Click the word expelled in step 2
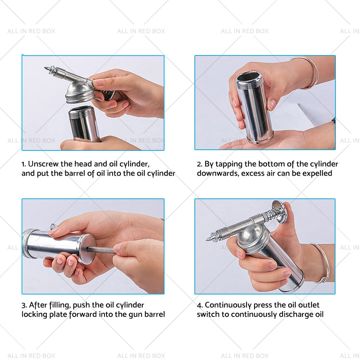(x=317, y=174)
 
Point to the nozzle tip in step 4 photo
(x=208, y=239)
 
